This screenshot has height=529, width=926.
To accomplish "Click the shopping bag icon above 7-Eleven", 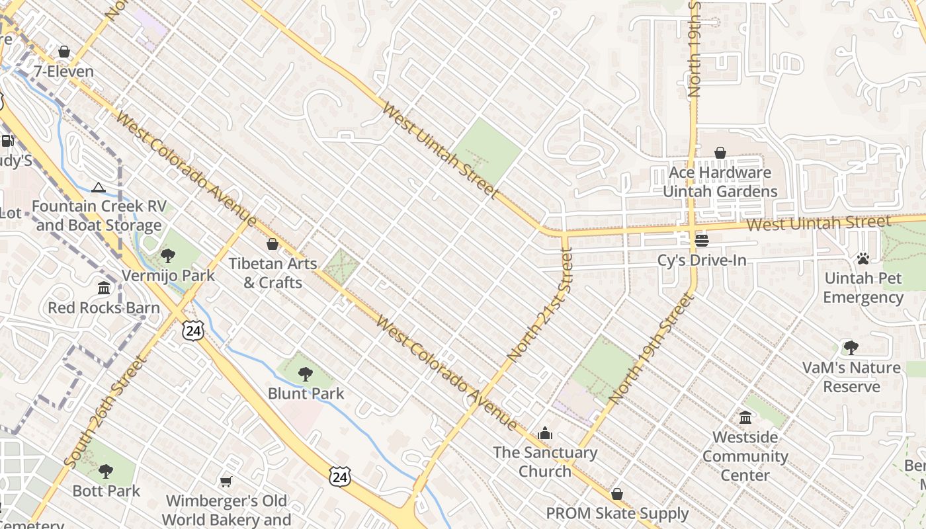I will [64, 52].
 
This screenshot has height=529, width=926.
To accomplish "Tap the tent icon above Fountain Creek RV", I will [99, 187].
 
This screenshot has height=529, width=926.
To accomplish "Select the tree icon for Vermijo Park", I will [168, 256].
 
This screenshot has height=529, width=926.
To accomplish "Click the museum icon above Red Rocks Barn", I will [104, 288].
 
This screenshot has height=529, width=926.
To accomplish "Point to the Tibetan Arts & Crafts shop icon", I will [272, 244].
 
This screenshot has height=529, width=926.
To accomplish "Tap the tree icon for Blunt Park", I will [306, 374].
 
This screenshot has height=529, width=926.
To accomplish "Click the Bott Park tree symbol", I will [106, 471].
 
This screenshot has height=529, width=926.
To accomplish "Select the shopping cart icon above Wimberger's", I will [226, 481].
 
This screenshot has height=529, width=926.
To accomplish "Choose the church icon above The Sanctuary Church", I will [545, 433].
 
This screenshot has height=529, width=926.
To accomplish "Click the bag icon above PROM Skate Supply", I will [617, 494].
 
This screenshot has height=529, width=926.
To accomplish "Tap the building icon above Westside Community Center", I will [745, 418].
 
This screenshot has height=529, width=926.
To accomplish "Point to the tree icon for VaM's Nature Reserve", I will [851, 348].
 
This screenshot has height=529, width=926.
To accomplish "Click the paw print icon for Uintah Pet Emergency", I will [863, 259].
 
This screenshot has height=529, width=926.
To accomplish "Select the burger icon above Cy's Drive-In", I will [702, 240].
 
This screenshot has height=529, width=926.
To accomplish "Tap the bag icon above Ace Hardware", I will [720, 153].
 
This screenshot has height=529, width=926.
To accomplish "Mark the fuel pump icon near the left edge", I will [7, 140].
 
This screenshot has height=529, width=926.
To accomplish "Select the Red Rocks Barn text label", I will [104, 307].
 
